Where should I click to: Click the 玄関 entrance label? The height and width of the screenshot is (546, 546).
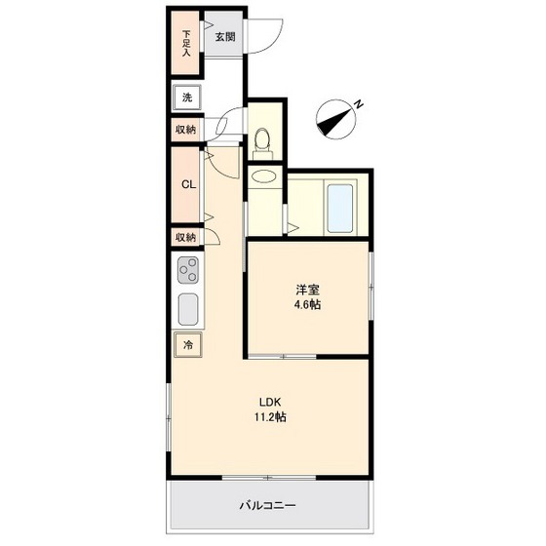coord(225,37)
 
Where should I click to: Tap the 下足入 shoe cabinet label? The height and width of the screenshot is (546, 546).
coord(187,44)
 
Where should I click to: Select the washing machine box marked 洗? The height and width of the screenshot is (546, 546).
coord(187,97)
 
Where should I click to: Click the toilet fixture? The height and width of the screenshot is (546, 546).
coord(262,143)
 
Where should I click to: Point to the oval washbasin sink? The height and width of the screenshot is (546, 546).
coord(264,175)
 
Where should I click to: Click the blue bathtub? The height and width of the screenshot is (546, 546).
coord(340,209)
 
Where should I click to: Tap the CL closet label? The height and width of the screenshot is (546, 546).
coord(189,184)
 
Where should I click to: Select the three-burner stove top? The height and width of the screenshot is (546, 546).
coord(188,270)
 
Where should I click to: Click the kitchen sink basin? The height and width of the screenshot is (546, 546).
coord(188,309)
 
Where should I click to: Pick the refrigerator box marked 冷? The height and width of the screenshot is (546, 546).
coord(188,345)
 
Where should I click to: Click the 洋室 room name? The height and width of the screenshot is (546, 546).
coord(308,290)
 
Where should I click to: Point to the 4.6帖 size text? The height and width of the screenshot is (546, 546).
coord(308,305)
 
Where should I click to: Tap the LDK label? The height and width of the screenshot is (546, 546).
coord(270,402)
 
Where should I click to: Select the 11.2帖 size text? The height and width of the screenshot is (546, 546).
coord(270,417)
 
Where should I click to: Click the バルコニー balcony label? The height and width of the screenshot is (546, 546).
coord(267,505)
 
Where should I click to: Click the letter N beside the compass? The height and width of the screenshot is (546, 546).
coord(359,104)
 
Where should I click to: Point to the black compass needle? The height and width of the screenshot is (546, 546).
coord(334,121)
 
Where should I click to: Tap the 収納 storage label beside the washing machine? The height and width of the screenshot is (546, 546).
coord(185,130)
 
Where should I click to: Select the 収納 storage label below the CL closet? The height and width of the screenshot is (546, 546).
coord(185,238)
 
